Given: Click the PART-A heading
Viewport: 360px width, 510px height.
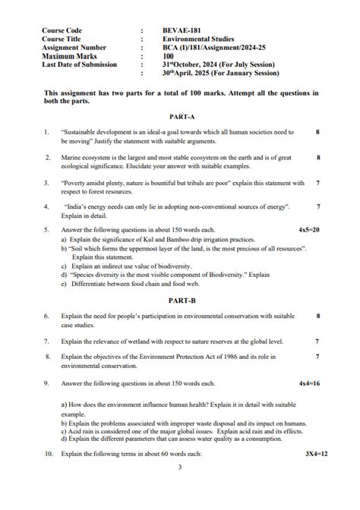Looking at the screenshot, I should pos(180,117).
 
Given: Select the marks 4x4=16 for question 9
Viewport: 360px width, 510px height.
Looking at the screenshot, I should pos(308,383).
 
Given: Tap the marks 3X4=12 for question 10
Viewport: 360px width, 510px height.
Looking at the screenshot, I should pos(310,453).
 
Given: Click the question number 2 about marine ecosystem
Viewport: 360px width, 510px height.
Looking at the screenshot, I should pos(46,158).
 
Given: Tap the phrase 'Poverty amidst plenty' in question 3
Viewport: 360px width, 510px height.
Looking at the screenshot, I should pos(90,183).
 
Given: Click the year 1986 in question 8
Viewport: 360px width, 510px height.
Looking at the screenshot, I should pos(232,356).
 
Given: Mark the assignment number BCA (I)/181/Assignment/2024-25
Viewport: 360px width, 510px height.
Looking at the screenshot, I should pos(214,48).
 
